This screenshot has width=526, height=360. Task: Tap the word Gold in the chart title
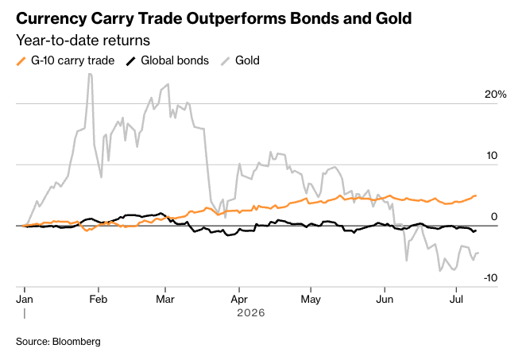tap(393, 18)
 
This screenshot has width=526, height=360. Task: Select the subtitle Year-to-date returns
tap(83, 41)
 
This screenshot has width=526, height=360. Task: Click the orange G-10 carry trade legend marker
tap(21, 61)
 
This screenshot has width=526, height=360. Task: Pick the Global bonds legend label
tap(175, 60)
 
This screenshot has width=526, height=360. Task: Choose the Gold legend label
tap(247, 60)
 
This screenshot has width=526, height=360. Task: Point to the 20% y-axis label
tap(496, 95)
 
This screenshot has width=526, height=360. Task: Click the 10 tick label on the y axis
tap(492, 156)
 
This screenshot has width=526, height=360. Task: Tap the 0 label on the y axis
tap(494, 217)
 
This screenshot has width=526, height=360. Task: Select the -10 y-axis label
tap(490, 278)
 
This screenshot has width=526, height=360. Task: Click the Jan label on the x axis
tap(25, 299)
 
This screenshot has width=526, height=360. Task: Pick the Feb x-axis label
tap(99, 299)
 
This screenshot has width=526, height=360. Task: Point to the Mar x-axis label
tap(165, 299)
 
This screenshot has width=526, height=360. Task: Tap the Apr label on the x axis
tap(239, 300)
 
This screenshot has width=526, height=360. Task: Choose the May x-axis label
tap(311, 300)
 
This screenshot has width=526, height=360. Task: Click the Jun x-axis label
tap(385, 299)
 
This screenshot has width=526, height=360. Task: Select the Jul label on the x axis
tap(456, 299)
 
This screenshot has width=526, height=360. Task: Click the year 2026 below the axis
tap(251, 313)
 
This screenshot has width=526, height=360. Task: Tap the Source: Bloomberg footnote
tap(58, 342)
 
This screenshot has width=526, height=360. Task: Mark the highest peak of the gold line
tap(90, 73)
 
